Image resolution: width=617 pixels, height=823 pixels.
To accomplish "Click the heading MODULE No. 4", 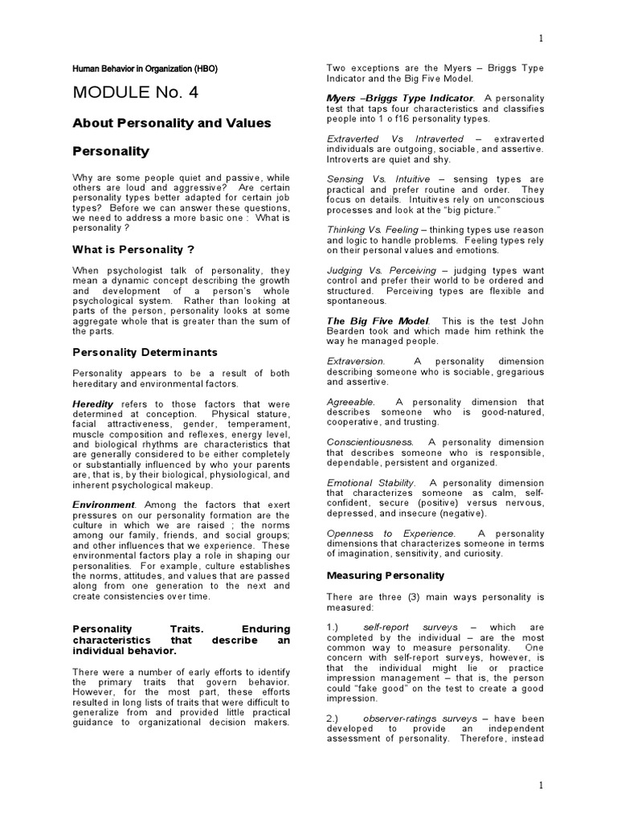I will coord(135,92).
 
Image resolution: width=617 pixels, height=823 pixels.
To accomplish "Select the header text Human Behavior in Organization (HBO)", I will coord(145,68).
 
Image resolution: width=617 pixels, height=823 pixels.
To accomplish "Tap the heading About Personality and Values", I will coord(172,123).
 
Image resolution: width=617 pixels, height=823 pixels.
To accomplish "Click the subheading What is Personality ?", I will coord(133,249).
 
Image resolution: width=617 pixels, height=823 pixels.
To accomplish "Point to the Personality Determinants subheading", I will coord(145,351).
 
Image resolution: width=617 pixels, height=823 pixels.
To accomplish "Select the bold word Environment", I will coord(102,505).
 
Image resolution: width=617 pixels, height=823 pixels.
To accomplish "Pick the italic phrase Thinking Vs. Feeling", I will coord(372,229).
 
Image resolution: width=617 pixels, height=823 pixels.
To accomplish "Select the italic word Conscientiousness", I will coord(370,441).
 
